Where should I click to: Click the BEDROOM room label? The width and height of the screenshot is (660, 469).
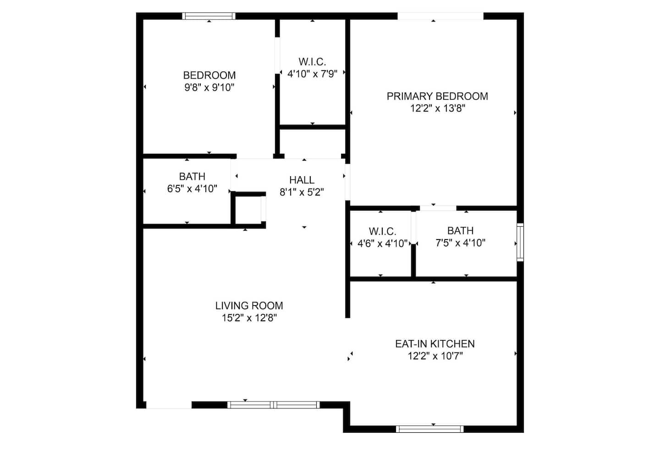coord(209,76)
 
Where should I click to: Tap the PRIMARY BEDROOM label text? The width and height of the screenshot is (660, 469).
coord(437,96)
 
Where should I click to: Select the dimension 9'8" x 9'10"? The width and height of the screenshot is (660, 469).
coord(209,88)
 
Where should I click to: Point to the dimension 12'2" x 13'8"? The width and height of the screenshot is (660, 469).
coord(438,109)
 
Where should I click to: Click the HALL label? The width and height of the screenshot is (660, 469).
coord(302,180)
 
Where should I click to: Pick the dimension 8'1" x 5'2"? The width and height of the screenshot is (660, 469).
coord(302,192)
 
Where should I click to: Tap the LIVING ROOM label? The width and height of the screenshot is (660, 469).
coord(249,306)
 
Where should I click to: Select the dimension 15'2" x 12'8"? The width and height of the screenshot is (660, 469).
coord(249,318)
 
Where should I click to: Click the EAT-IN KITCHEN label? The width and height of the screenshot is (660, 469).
coord(435,344)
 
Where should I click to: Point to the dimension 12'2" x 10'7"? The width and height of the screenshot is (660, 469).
coord(435,356)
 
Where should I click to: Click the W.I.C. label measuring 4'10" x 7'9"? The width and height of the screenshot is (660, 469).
coord(312,62)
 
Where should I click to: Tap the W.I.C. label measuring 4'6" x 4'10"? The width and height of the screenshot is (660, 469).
coord(382,231)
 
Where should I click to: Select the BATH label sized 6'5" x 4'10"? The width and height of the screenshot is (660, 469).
coord(192,177)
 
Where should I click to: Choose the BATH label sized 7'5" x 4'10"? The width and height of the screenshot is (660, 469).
coord(461,231)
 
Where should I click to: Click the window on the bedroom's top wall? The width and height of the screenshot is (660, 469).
coord(209,16)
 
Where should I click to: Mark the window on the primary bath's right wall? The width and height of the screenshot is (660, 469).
coord(520,242)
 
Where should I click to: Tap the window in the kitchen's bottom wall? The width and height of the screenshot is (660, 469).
coord(429,429)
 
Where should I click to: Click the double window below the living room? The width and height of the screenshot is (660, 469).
coord(274,405)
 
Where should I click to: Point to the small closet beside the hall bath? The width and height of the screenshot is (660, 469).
coord(248,210)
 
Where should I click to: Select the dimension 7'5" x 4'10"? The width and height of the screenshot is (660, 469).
coord(461,243)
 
